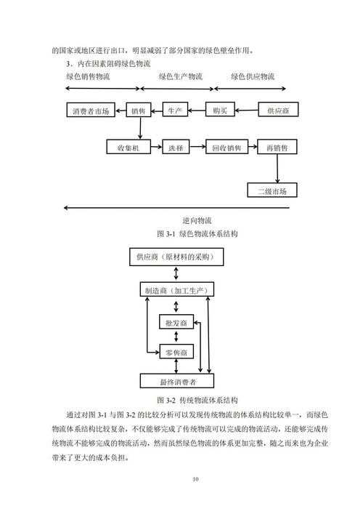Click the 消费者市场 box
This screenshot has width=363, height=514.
coord(91,112)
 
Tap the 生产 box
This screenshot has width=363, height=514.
coord(175,111)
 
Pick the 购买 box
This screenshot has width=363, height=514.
coord(221,111)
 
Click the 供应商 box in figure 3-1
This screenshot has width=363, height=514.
coord(279,111)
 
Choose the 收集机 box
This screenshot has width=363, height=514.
coord(129,148)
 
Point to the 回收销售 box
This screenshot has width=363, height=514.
coord(227,148)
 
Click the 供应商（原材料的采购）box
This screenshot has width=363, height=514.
coord(176,257)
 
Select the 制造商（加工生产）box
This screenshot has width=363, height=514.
coord(177,290)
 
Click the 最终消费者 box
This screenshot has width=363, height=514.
coord(177,381)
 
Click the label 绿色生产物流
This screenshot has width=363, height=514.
coord(181,76)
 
